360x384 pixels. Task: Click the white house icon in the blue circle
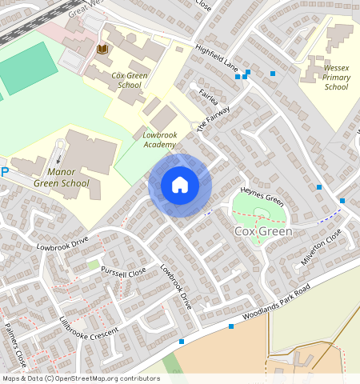(x=180, y=185)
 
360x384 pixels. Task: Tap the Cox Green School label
(x=128, y=80)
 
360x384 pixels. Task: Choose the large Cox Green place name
(x=263, y=231)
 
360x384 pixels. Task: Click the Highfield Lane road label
(x=221, y=54)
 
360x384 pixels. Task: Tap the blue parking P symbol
(x=4, y=171)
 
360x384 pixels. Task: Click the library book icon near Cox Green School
(x=102, y=49)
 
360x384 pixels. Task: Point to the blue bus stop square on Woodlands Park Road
(x=230, y=326)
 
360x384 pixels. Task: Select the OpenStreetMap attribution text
(x=81, y=378)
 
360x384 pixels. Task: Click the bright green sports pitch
(x=27, y=68)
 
